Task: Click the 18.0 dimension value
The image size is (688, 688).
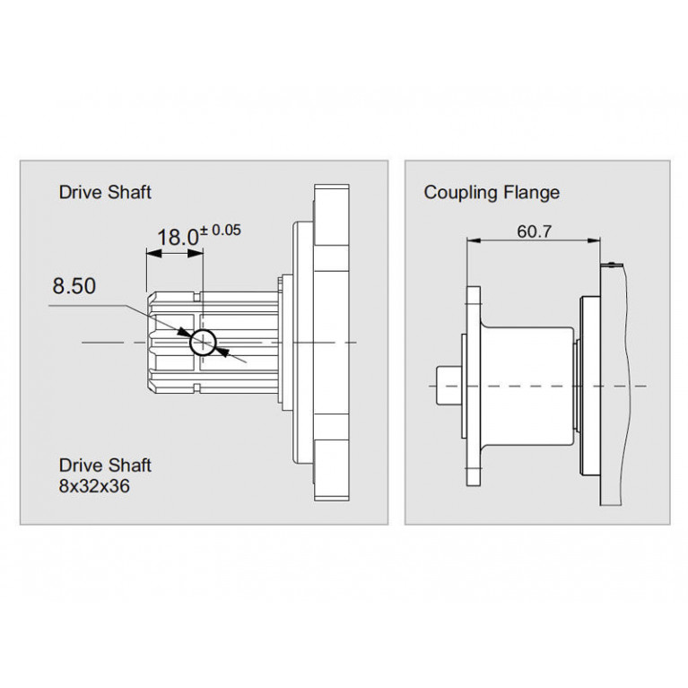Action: pos(178,238)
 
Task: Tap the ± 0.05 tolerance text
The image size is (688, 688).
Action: pos(221,230)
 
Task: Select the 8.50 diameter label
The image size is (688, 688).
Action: pos(74,285)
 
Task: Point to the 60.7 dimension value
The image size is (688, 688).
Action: pos(534,231)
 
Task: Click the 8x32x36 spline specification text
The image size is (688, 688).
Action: pos(94,486)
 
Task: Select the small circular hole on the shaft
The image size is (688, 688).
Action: pos(203,343)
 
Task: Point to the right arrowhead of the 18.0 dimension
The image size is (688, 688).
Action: pos(196,254)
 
